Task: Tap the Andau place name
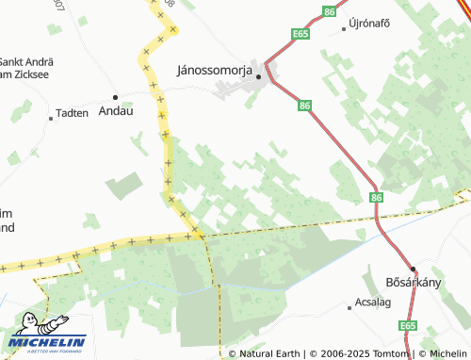pyautogui.click(x=116, y=110)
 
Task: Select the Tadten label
pyautogui.click(x=73, y=113)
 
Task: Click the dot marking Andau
pyautogui.click(x=116, y=97)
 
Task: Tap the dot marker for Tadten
pyautogui.click(x=51, y=119)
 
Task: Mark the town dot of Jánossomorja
pyautogui.click(x=259, y=77)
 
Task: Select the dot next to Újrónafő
pyautogui.click(x=344, y=28)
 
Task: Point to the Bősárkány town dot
pyautogui.click(x=413, y=267)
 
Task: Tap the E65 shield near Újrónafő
pyautogui.click(x=300, y=34)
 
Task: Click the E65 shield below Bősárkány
pyautogui.click(x=407, y=326)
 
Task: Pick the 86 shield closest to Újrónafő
pyautogui.click(x=328, y=11)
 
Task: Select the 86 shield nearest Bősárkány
pyautogui.click(x=377, y=197)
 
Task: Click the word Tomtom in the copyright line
pyautogui.click(x=393, y=354)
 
